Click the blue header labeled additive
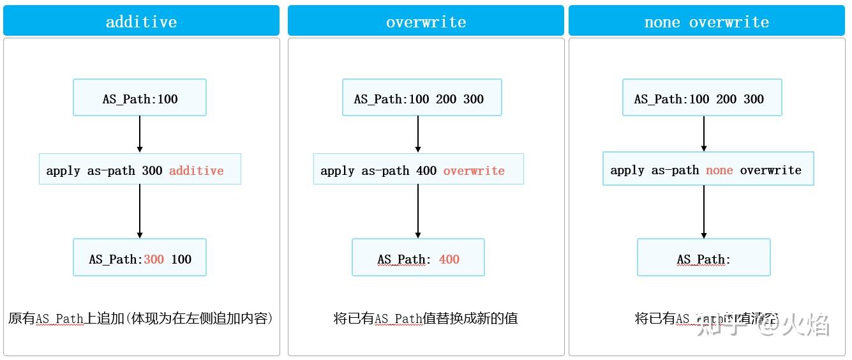coord(141,21)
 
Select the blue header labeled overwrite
coord(426,21)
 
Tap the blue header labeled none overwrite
coord(706,21)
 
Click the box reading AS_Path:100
coord(140,98)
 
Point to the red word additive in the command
coord(196,170)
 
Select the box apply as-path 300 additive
coord(140,169)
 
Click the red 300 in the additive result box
coord(154,259)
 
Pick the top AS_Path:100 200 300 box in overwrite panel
coord(422,98)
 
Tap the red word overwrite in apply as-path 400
coord(474,170)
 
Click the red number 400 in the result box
coord(449,259)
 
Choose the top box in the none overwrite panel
coord(702,98)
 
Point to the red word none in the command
coord(719,170)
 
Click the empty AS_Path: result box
coord(703,257)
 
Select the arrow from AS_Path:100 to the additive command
coord(140,134)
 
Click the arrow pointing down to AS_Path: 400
coord(418,211)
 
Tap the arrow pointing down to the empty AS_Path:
coord(704,212)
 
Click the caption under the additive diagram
coord(140,318)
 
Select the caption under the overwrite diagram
coord(426,318)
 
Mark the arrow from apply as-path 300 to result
coord(140,211)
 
